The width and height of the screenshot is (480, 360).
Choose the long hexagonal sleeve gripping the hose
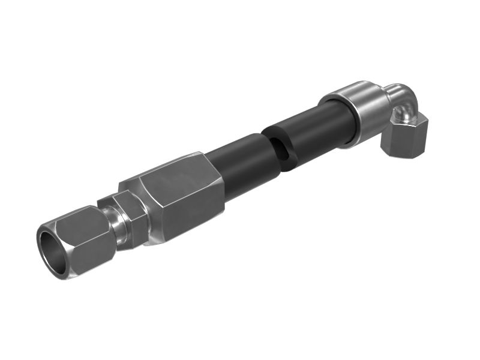[x=180, y=195]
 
